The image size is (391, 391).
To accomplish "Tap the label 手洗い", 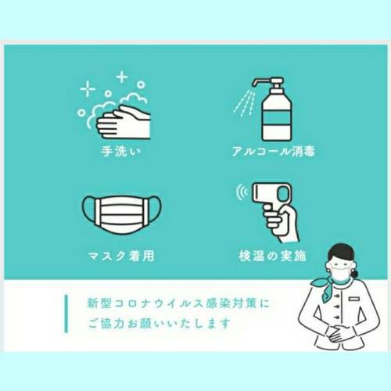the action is (x=121, y=151).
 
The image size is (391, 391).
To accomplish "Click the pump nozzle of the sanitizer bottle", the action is (x=256, y=81).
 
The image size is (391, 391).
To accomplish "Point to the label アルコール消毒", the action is (x=274, y=151).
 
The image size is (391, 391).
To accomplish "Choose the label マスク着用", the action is (x=121, y=256).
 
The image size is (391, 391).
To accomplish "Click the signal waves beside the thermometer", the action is (x=242, y=192).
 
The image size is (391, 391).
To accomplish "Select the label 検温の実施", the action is (x=272, y=256).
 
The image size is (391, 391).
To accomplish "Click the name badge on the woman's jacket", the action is (x=354, y=298).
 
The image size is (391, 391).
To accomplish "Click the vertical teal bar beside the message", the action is (x=66, y=314).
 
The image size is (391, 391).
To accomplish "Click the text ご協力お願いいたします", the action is (x=160, y=323).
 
